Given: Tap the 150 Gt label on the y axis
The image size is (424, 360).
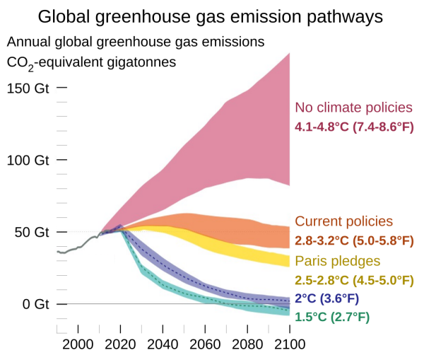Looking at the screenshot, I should tap(28, 88).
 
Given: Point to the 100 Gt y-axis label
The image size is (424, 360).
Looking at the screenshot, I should tap(28, 161).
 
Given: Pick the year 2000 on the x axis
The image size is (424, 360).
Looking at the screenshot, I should tap(78, 345).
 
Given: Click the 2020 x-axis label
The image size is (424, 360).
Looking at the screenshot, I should tap(120, 345).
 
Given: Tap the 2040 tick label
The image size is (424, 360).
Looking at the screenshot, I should tap(163, 345).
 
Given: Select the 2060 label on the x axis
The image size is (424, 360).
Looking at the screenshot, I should tap(205, 345).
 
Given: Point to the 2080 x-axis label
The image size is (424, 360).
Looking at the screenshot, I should tap(247, 345).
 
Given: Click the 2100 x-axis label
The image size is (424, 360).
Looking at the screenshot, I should tap(290, 345).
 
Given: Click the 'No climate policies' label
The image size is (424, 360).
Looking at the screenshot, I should tap(353, 108).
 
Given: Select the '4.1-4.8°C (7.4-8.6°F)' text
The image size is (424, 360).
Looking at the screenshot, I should tap(354, 128).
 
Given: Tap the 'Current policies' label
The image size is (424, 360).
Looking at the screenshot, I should tap(343, 221).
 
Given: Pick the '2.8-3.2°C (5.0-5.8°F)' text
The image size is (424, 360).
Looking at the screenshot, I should tap(354, 241).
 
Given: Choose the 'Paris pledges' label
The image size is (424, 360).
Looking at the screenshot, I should tap(337, 260).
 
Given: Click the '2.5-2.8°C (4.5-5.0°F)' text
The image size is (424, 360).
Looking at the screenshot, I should tap(354, 280).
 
